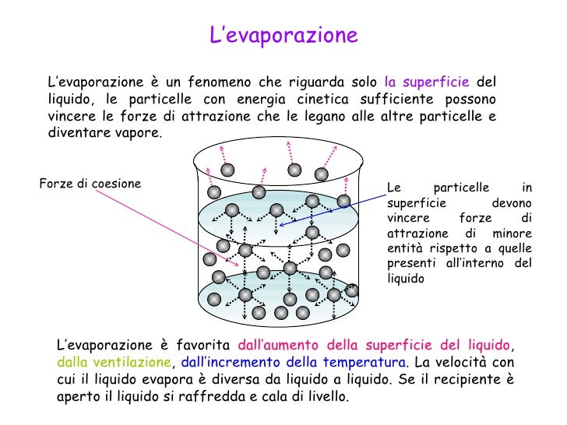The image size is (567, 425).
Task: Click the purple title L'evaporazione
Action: pos(283,36)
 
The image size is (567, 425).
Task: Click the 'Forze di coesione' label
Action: pos(90,184)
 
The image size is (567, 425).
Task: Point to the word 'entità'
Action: pos(403,249)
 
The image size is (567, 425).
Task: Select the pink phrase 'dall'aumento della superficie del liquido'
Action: pos(375,345)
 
